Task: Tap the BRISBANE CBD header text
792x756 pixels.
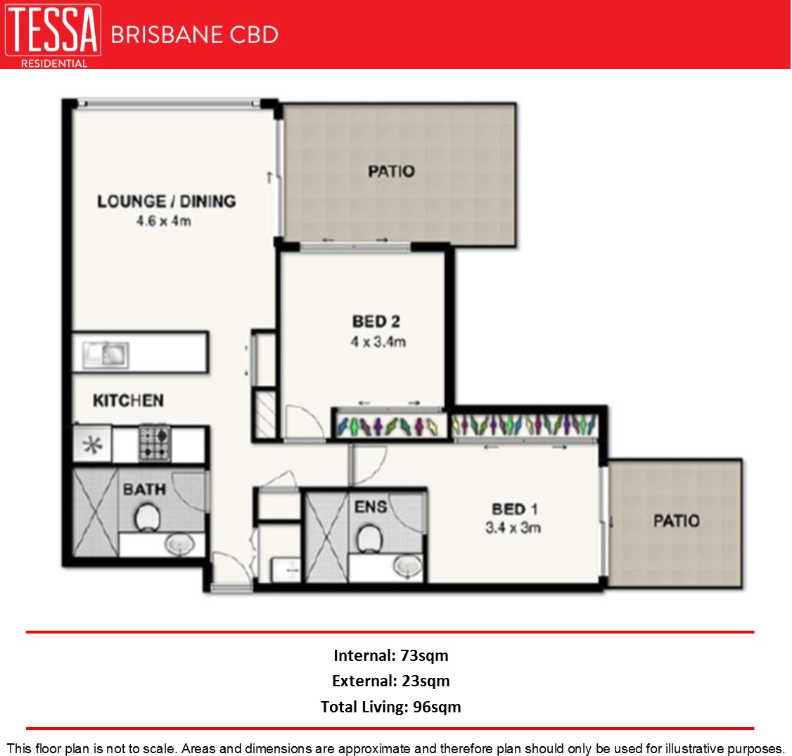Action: (194, 34)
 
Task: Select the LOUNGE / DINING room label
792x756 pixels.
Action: (166, 201)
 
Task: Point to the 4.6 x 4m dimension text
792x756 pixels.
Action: (164, 221)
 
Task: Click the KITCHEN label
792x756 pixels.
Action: (128, 401)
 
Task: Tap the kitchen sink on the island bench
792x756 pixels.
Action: (106, 354)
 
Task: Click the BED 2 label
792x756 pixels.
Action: (376, 322)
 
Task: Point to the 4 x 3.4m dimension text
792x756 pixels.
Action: (378, 342)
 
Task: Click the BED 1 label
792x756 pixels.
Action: (514, 508)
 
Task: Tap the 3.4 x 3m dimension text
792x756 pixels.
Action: (513, 527)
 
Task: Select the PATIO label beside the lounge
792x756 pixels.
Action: (391, 171)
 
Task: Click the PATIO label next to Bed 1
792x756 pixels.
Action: (676, 521)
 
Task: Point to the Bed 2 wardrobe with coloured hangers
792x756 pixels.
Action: (388, 426)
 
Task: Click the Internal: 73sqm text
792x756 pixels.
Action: (390, 655)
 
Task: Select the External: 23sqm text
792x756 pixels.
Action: (390, 681)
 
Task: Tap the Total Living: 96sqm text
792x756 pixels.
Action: (390, 707)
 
